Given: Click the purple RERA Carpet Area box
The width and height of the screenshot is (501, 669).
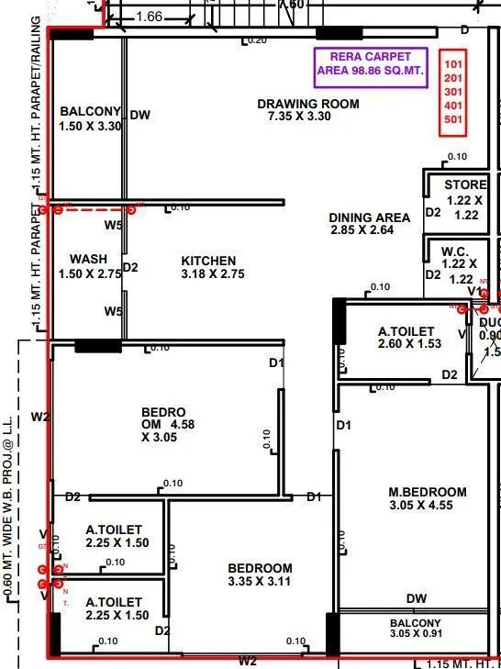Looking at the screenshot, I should click(x=371, y=65).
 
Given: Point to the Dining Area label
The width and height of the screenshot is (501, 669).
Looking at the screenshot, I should click(x=369, y=224).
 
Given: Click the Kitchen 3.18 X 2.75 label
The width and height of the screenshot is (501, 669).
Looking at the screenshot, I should click(x=208, y=267).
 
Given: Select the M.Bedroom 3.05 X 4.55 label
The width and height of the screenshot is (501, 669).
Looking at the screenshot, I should click(x=427, y=498).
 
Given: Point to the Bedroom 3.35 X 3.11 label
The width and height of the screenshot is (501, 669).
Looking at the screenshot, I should click(x=260, y=574).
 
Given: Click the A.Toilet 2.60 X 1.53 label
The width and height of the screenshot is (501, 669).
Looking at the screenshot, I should click(x=410, y=337).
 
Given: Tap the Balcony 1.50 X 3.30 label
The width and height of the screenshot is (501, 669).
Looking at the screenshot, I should click(x=90, y=118).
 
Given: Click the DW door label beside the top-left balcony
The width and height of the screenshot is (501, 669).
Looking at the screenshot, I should click(x=139, y=115).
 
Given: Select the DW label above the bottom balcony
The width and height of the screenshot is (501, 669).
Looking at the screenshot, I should click(x=417, y=598).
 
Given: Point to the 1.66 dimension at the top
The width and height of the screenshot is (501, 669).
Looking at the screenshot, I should click(x=148, y=17).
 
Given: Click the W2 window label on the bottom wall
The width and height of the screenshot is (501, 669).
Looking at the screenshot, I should click(x=248, y=661).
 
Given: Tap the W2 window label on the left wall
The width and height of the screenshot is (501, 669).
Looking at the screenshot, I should click(x=39, y=417).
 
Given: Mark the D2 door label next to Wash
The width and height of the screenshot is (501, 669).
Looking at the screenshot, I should click(x=130, y=268).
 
